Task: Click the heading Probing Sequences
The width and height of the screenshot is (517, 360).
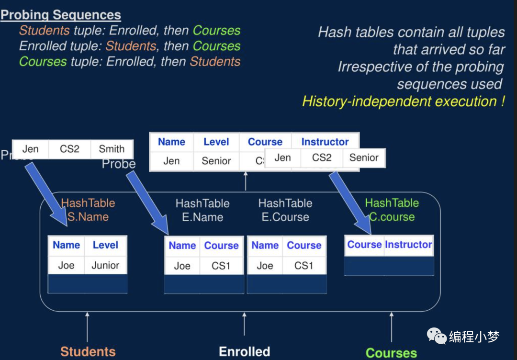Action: (x=61, y=14)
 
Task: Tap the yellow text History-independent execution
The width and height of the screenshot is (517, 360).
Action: (x=404, y=101)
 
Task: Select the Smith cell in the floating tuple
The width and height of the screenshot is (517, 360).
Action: (x=112, y=149)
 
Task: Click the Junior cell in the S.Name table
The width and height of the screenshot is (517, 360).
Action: (x=105, y=265)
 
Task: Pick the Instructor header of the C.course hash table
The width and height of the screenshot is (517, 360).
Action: (x=408, y=245)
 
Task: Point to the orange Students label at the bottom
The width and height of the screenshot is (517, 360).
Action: (x=88, y=352)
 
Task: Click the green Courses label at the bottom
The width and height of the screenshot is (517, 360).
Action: (x=391, y=353)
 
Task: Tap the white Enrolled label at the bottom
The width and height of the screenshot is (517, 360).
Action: (x=244, y=352)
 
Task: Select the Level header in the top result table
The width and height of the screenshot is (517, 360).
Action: (x=216, y=142)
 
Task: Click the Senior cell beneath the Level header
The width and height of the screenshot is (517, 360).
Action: (x=216, y=161)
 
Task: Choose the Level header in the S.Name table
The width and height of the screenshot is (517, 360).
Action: (x=105, y=245)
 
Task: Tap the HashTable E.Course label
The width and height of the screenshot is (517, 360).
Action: (x=285, y=210)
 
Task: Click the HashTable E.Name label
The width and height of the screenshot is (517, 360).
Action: (x=202, y=210)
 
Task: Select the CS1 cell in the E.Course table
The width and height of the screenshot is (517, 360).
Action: (x=304, y=266)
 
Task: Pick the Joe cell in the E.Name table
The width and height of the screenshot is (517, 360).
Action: (x=182, y=266)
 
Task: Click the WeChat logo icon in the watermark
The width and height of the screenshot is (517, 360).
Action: (x=437, y=336)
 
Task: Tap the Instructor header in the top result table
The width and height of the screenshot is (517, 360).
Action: (x=325, y=142)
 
